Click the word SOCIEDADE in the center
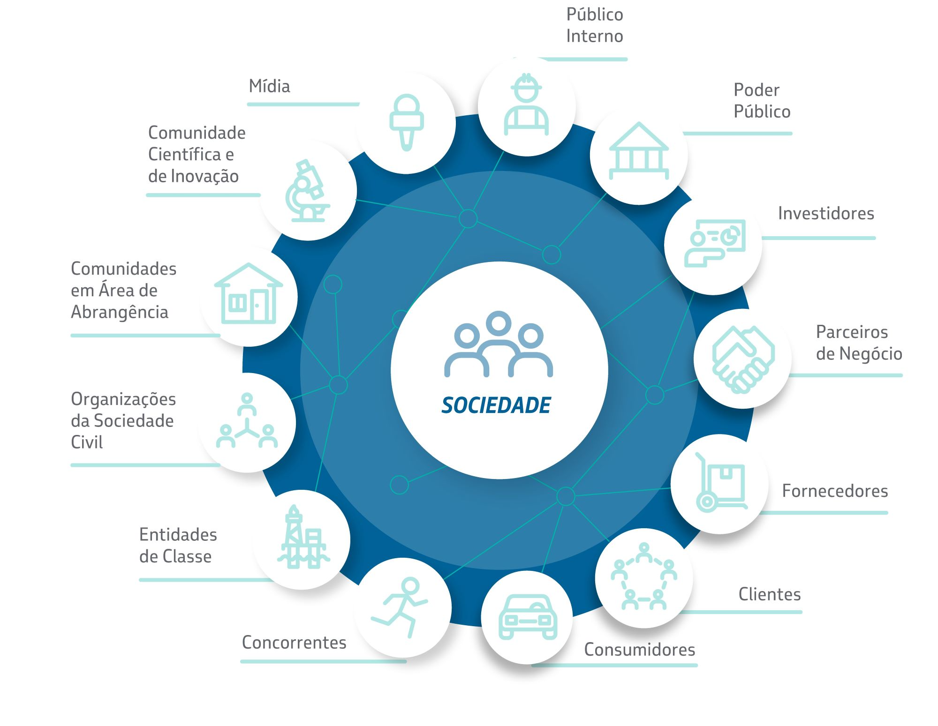click(x=496, y=405)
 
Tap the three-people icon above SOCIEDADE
click(x=499, y=344)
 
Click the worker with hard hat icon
click(x=526, y=104)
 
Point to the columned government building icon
click(x=639, y=150)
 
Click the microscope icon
click(x=307, y=191)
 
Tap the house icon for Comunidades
click(x=249, y=293)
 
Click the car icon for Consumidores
click(x=528, y=617)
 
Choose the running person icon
click(x=400, y=607)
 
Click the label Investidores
click(x=826, y=213)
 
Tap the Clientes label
click(x=770, y=594)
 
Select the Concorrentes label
click(x=294, y=643)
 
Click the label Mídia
click(x=270, y=86)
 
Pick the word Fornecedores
click(x=835, y=491)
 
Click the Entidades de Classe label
click(x=178, y=546)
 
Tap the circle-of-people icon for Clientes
click(x=644, y=576)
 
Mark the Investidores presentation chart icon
click(x=715, y=243)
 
